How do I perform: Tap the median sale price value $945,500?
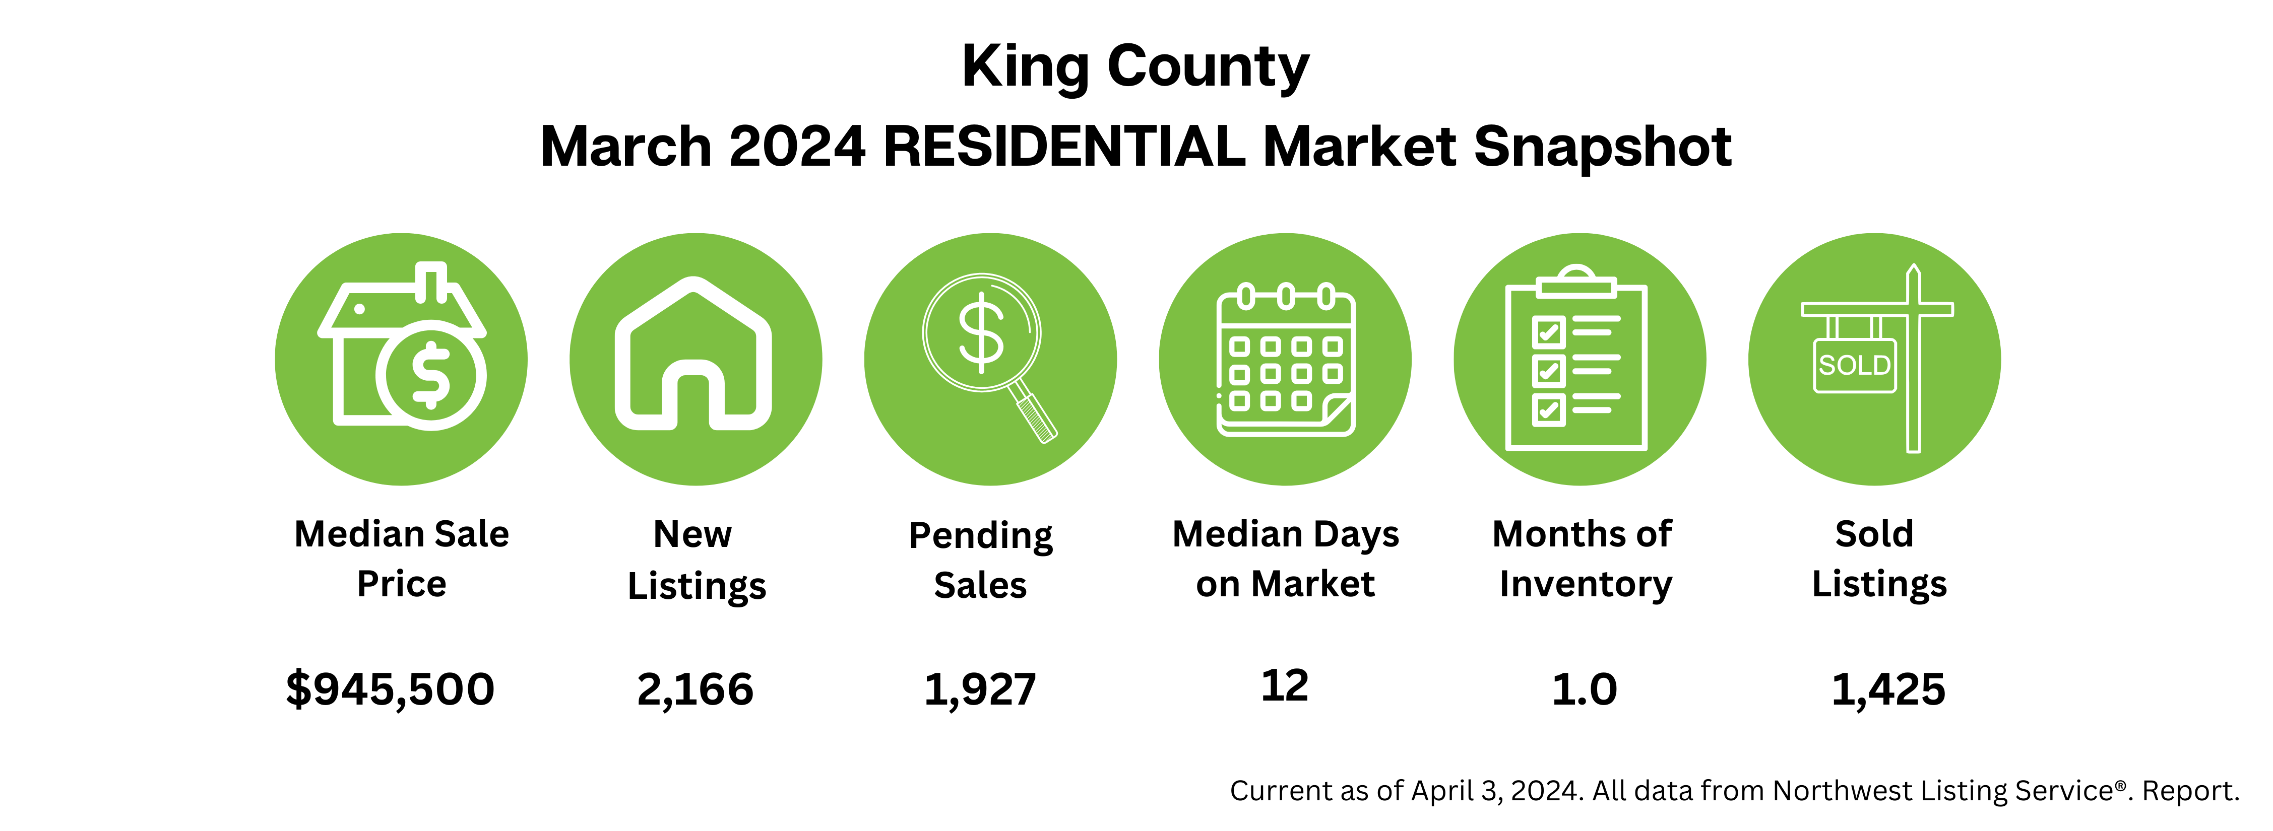(x=390, y=689)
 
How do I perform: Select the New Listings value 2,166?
(x=696, y=689)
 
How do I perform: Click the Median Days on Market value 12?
(x=1285, y=685)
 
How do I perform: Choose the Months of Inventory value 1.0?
(x=1584, y=689)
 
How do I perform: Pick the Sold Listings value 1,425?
(x=1888, y=689)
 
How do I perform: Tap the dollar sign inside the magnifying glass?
(x=981, y=333)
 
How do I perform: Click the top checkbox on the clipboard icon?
(x=1549, y=332)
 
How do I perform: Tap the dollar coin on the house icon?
(x=430, y=375)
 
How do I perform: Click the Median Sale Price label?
(x=402, y=559)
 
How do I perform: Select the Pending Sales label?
(x=980, y=560)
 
